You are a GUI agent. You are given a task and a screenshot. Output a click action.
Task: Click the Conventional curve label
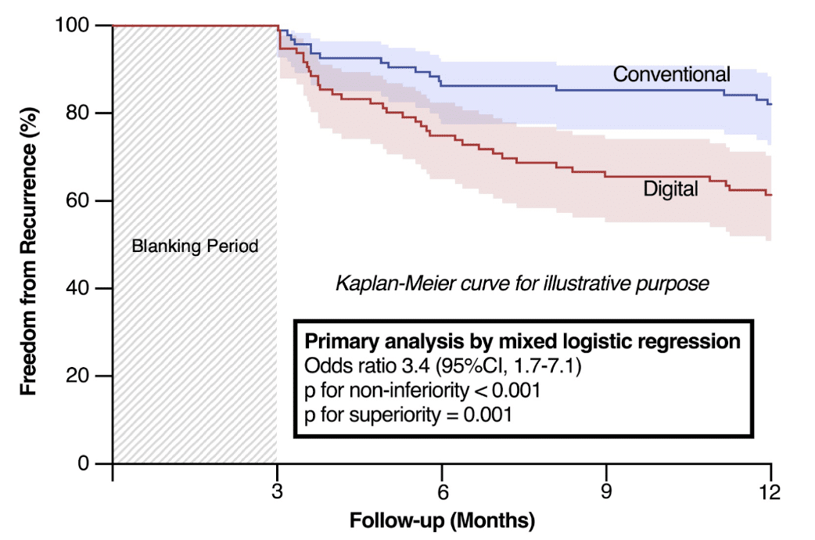671,74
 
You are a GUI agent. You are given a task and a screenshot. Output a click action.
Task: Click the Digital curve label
670,189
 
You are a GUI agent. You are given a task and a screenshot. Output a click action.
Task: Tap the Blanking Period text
195,246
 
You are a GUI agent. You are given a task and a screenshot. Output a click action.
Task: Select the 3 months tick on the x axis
278,492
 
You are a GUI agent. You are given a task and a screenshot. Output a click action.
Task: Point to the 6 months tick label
442,492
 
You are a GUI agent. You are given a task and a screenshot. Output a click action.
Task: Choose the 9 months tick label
607,492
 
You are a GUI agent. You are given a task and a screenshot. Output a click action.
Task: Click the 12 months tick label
771,492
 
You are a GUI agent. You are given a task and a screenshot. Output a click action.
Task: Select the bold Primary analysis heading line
522,342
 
